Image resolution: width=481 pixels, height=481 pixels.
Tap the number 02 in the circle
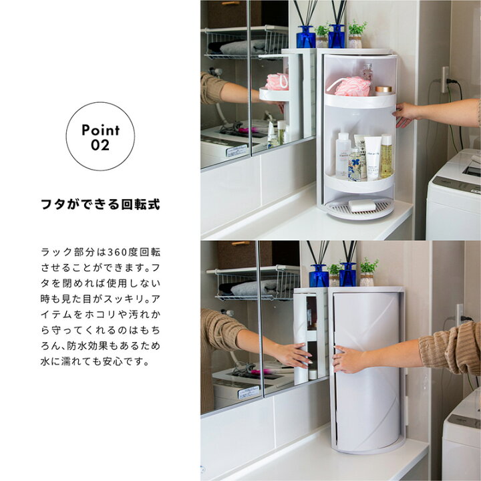click(100, 145)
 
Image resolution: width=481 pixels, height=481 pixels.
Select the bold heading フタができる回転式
click(100, 204)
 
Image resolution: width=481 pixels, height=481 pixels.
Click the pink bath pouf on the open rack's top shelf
click(350, 86)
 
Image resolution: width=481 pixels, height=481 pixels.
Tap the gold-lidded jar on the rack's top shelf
click(383, 90)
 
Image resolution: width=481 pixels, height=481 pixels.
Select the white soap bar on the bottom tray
click(362, 206)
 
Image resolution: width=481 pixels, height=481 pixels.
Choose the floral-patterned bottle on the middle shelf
click(355, 164)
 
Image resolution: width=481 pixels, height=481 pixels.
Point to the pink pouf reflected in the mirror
click(277, 82)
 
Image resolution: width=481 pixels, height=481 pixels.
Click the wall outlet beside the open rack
click(445, 79)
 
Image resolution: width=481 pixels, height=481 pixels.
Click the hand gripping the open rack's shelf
click(405, 114)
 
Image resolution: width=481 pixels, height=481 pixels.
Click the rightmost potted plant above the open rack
click(357, 32)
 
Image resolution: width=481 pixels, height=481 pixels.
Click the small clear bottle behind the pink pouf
click(367, 71)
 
